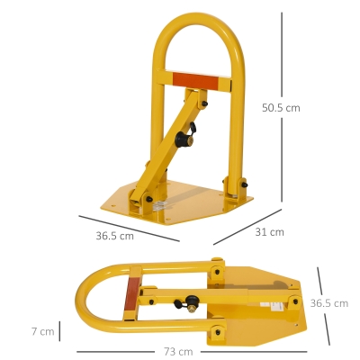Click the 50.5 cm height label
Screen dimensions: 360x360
click(x=281, y=108)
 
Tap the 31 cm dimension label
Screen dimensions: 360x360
click(x=269, y=232)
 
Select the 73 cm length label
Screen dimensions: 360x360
click(x=178, y=351)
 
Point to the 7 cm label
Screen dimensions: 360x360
click(x=43, y=331)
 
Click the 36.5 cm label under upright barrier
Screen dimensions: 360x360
click(x=114, y=236)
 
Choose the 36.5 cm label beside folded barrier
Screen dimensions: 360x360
click(x=329, y=303)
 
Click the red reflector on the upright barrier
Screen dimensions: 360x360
click(x=195, y=80)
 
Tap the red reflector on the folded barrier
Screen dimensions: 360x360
click(x=132, y=294)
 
